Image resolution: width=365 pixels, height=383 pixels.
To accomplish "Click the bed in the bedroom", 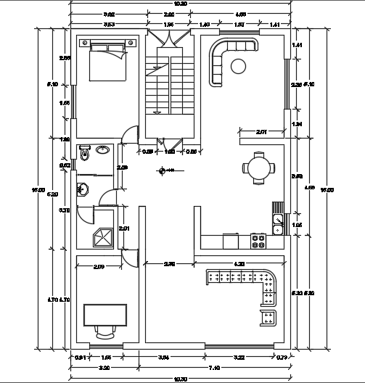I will click(x=106, y=61).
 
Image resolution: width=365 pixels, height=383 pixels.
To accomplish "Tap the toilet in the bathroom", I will click(x=86, y=152).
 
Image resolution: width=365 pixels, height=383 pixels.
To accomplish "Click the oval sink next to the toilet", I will click(x=102, y=151).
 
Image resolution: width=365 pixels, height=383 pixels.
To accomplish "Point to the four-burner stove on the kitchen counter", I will click(x=258, y=239).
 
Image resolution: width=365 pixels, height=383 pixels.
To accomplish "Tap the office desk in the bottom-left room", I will click(x=105, y=315).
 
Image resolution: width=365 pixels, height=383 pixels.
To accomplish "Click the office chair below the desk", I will click(x=105, y=333).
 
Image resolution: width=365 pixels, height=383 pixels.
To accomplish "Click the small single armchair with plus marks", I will click(x=268, y=317).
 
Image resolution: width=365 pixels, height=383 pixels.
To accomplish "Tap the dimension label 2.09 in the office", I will click(x=99, y=267).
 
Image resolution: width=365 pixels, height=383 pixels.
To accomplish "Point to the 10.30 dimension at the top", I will click(x=181, y=4).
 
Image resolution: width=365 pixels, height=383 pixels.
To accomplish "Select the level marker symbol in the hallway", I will click(x=163, y=171).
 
